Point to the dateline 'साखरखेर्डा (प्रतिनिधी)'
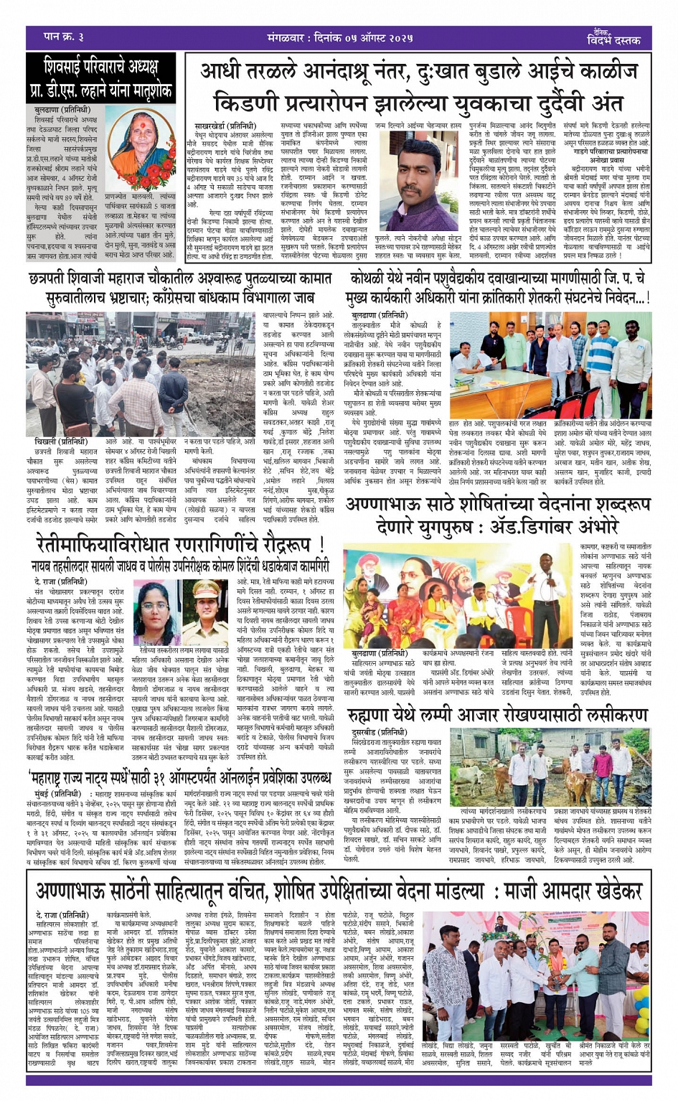point(222,126)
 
